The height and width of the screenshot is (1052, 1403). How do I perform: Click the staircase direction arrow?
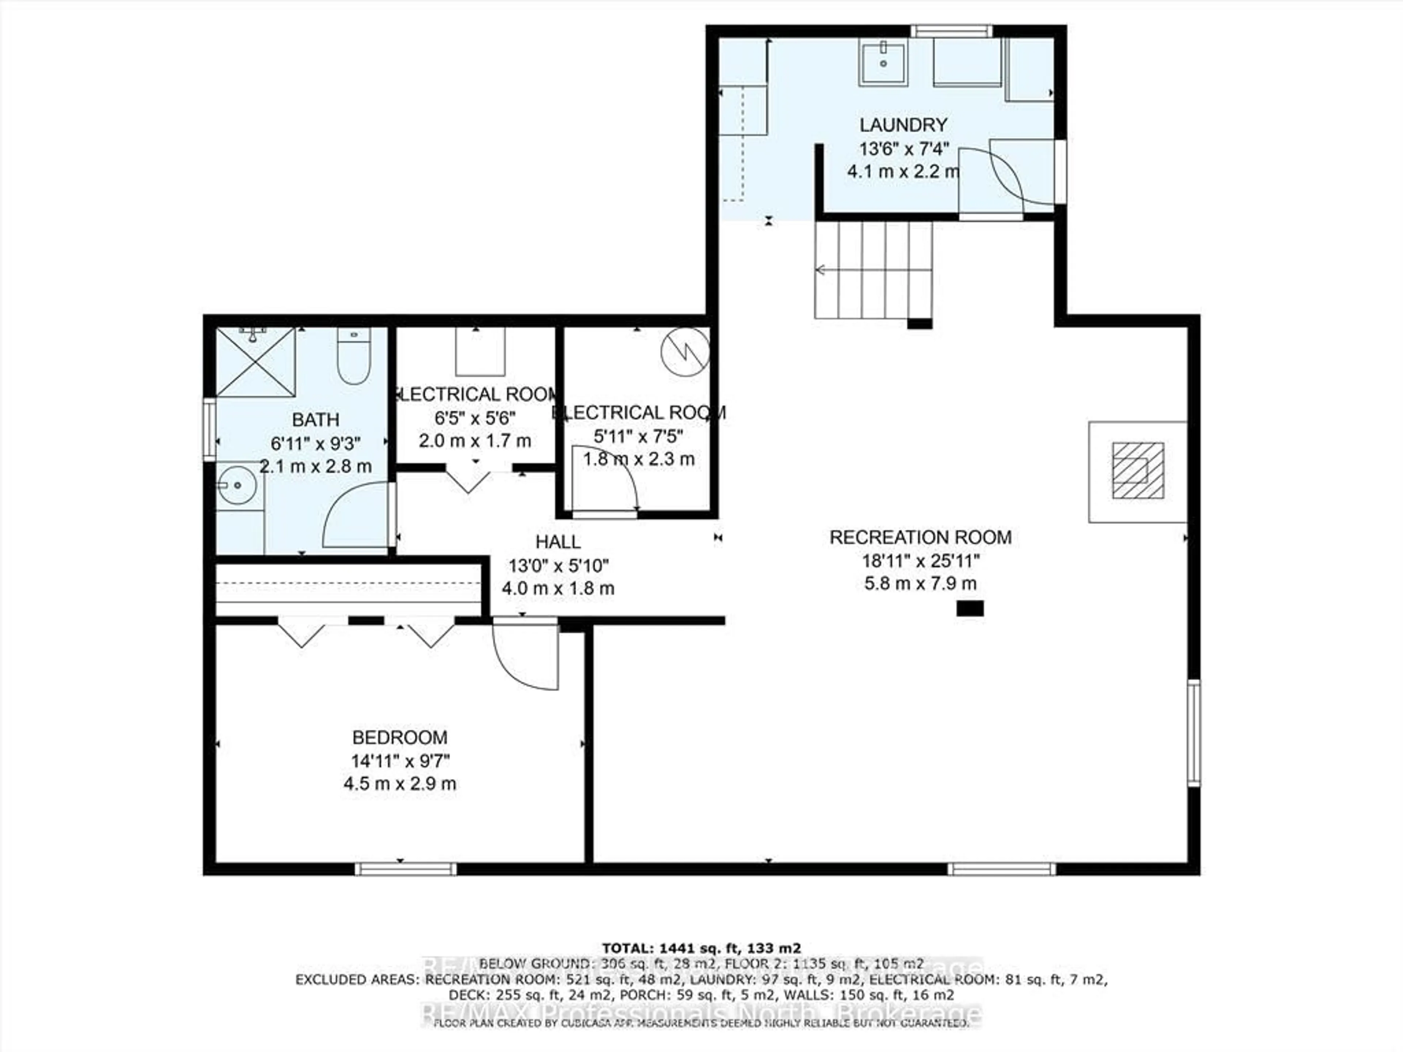pos(821,270)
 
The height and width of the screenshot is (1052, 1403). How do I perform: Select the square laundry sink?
pos(883,62)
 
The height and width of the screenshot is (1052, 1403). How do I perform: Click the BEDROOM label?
pos(400,737)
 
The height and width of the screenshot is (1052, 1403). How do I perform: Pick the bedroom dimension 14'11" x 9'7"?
pos(400,760)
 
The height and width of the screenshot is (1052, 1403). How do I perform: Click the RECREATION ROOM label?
pos(920,538)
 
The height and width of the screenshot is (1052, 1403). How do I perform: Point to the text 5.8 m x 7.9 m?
pos(920,583)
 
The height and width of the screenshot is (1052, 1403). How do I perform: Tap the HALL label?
pos(558,542)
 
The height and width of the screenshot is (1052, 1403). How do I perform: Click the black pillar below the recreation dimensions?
pos(970,609)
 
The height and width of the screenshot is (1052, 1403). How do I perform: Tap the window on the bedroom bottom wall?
pos(405,869)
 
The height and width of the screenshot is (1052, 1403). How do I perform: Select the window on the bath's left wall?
pos(209,429)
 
